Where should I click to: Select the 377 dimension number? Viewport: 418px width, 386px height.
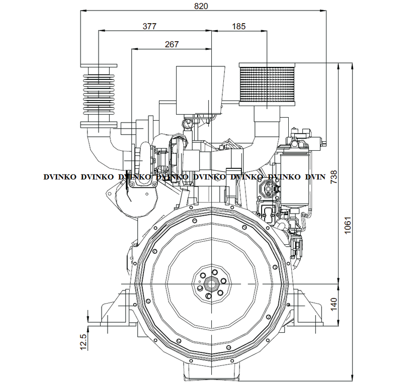tap(149, 26)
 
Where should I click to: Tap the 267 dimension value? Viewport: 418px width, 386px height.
tap(172, 44)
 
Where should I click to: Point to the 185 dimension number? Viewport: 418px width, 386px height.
tap(239, 26)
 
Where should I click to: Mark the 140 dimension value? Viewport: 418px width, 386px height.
tap(333, 304)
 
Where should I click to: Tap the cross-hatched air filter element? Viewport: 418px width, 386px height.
tap(267, 85)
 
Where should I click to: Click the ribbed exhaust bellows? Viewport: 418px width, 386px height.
tap(99, 95)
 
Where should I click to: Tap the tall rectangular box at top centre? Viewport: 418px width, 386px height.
tap(200, 90)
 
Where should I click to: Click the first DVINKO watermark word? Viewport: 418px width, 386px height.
tap(60, 177)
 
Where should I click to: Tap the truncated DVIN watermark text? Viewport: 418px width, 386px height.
tap(315, 177)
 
